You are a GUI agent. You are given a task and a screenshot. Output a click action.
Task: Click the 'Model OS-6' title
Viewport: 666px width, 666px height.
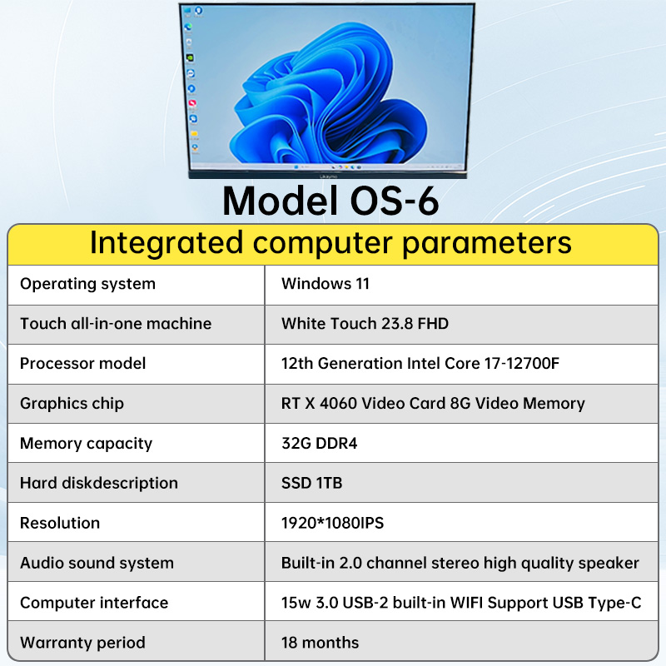[x=331, y=201]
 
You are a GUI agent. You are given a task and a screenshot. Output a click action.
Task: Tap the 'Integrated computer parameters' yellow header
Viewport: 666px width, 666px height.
[x=331, y=243]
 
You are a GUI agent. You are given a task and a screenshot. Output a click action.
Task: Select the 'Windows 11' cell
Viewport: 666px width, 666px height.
[x=326, y=284]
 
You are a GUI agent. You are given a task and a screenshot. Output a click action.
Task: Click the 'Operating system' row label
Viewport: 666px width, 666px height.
[x=87, y=284]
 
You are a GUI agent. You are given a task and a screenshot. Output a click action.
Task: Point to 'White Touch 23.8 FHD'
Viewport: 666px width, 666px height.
[x=365, y=324]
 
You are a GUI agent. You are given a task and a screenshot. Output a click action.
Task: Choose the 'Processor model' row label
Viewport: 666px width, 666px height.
[x=82, y=364]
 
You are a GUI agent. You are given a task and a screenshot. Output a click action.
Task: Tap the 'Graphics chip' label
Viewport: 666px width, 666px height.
[x=72, y=404]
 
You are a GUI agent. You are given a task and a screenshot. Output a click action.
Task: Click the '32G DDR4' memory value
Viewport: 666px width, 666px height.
[x=319, y=444]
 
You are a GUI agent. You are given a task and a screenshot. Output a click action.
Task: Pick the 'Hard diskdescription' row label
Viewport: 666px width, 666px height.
[x=98, y=484]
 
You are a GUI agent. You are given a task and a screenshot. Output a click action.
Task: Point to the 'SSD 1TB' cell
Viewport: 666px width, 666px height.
[x=311, y=484]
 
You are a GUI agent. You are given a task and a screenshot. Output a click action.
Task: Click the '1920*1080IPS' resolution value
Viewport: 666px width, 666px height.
[x=332, y=524]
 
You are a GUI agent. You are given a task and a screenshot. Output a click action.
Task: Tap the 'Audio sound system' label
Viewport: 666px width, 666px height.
[x=97, y=564]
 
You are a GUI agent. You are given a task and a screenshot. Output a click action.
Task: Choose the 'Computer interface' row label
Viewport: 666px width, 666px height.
[x=94, y=603]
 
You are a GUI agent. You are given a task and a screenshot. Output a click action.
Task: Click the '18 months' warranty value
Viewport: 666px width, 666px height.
[x=320, y=643]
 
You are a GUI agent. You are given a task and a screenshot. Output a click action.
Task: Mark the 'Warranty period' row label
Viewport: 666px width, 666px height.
[x=82, y=643]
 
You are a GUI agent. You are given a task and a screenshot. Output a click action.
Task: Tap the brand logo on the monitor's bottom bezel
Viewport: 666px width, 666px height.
[x=328, y=176]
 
